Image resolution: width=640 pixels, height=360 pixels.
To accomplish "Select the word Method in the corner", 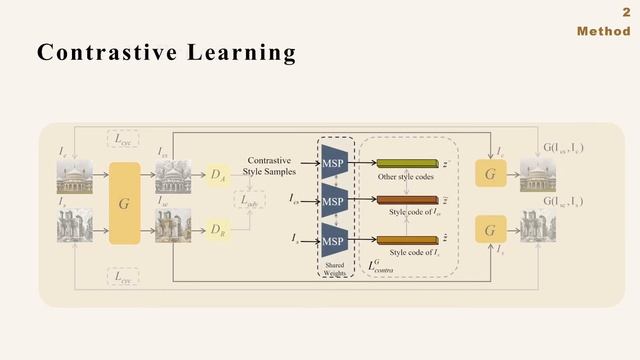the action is tap(603, 32).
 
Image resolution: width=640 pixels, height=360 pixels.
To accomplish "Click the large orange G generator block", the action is tap(124, 203).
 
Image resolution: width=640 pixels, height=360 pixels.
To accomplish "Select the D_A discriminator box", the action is tap(218, 175).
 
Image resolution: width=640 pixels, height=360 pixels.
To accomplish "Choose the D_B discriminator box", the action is tap(218, 229).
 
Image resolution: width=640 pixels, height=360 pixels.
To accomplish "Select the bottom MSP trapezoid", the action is tap(333, 241).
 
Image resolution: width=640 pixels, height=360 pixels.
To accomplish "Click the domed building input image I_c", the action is tap(75, 176).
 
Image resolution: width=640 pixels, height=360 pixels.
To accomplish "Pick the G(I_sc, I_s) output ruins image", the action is tap(539, 227).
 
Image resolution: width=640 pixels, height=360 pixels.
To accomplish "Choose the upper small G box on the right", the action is tap(490, 174).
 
